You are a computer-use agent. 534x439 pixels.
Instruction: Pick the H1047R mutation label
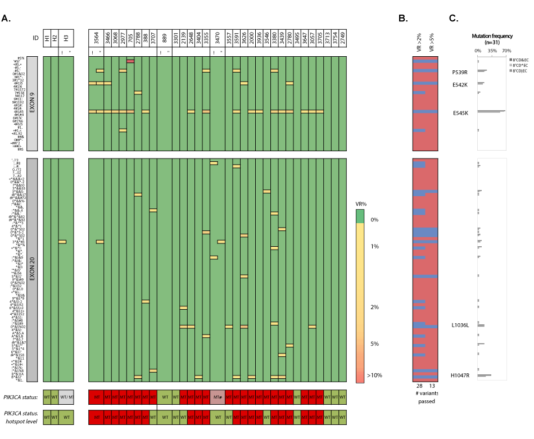point(460,375)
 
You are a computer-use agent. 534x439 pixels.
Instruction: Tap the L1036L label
point(460,325)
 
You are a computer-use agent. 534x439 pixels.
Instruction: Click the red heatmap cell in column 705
point(130,61)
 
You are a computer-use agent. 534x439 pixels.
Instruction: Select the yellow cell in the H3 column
point(62,242)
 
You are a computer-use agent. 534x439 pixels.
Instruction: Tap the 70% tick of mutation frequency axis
point(505,51)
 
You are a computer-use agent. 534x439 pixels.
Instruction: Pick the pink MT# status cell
point(218,396)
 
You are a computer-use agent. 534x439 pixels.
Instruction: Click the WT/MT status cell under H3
point(66,396)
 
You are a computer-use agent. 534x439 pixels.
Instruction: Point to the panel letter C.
point(453,19)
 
